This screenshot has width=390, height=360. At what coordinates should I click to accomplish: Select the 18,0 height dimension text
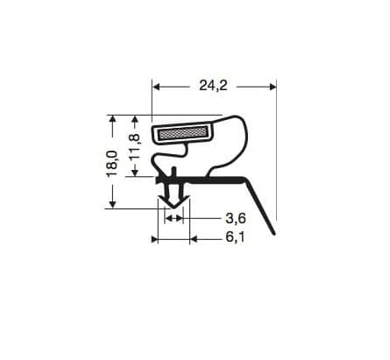(112, 164)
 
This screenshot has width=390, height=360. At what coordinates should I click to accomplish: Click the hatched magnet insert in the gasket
(183, 133)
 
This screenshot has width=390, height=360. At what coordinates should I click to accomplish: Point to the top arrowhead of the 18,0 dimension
(112, 119)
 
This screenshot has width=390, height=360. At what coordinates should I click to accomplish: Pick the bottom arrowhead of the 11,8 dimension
(134, 172)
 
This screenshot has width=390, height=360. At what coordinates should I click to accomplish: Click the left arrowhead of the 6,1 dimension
(157, 238)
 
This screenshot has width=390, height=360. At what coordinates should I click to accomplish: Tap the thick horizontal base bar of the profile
(210, 179)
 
